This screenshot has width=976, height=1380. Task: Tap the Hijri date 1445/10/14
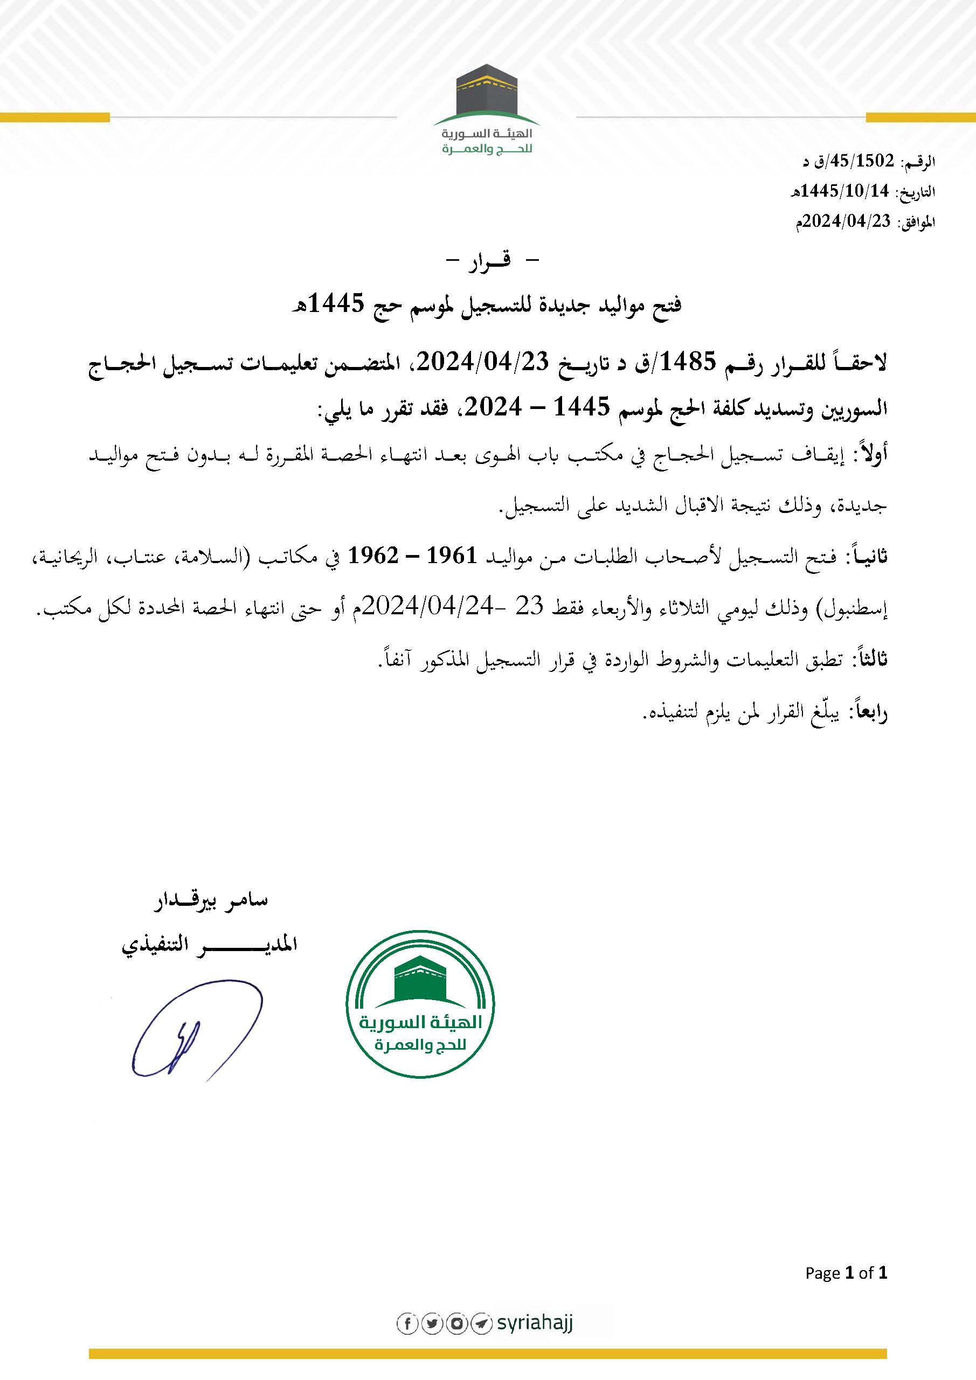845,191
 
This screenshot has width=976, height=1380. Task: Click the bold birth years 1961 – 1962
413,556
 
